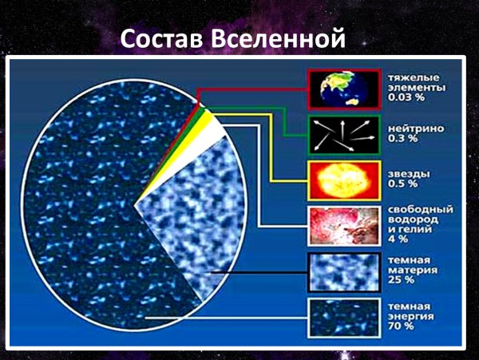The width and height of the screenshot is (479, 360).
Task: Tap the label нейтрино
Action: click(411, 126)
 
